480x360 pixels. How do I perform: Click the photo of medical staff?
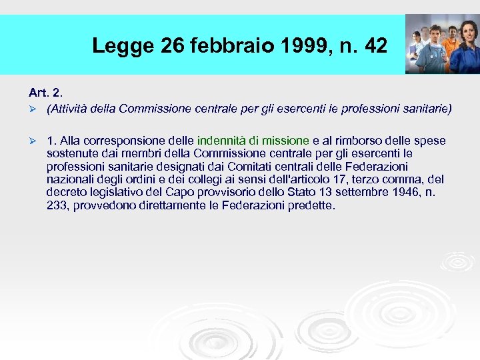(x=441, y=43)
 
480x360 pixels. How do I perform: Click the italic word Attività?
(x=66, y=108)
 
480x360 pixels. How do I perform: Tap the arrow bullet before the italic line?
(x=32, y=108)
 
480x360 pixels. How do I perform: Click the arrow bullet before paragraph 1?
(x=32, y=141)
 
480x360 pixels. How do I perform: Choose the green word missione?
(x=285, y=141)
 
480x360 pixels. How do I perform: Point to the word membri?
(x=119, y=153)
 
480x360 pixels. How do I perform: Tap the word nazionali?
(x=71, y=180)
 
